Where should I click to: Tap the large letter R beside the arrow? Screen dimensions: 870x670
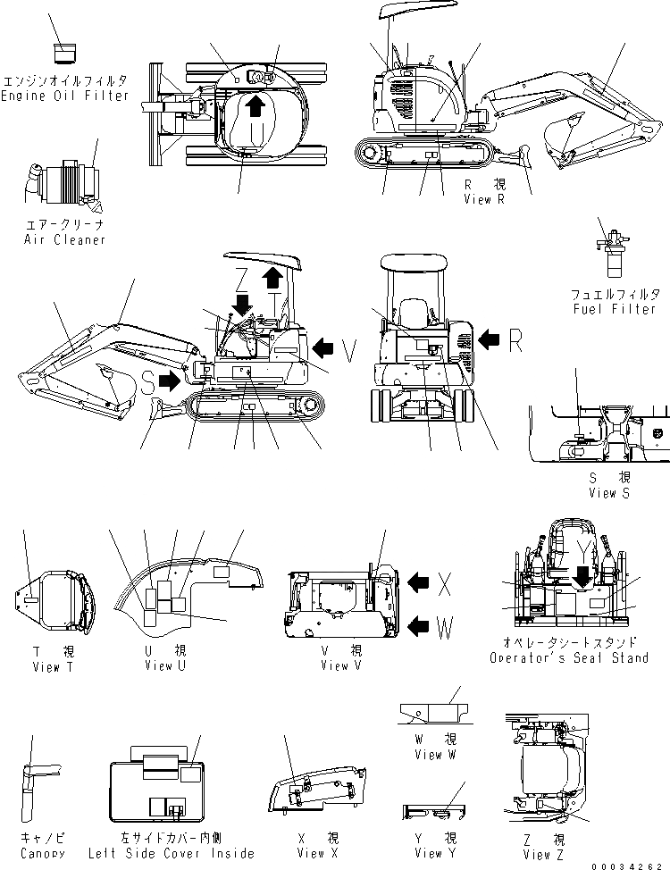tap(515, 339)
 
